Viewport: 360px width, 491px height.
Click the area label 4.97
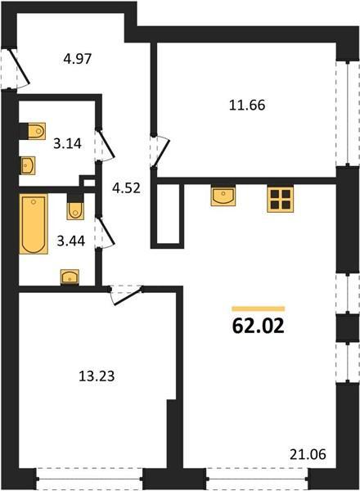pyautogui.click(x=78, y=59)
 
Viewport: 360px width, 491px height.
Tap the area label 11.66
pyautogui.click(x=247, y=106)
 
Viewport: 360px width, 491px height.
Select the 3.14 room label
pyautogui.click(x=67, y=144)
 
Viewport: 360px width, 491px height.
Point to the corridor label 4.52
pyautogui.click(x=126, y=188)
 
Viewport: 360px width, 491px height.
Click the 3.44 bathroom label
pyautogui.click(x=71, y=241)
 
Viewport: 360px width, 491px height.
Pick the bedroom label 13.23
pyautogui.click(x=97, y=376)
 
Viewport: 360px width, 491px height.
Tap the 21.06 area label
pyautogui.click(x=308, y=454)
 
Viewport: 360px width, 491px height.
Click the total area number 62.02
pyautogui.click(x=259, y=327)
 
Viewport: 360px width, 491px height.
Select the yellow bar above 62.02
pyautogui.click(x=259, y=309)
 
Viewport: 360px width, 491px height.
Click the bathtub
pyautogui.click(x=34, y=223)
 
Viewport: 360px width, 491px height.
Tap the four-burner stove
pyautogui.click(x=280, y=200)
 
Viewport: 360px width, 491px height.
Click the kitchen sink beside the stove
pyautogui.click(x=223, y=196)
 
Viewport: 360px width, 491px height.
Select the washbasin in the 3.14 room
pyautogui.click(x=28, y=165)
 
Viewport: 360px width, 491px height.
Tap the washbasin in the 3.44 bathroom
pyautogui.click(x=70, y=277)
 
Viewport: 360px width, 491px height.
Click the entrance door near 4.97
pyautogui.click(x=15, y=68)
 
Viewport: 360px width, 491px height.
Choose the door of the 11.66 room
pyautogui.click(x=160, y=151)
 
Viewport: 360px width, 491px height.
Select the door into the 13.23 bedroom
pyautogui.click(x=126, y=295)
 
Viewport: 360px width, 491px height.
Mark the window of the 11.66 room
pyautogui.click(x=348, y=114)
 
